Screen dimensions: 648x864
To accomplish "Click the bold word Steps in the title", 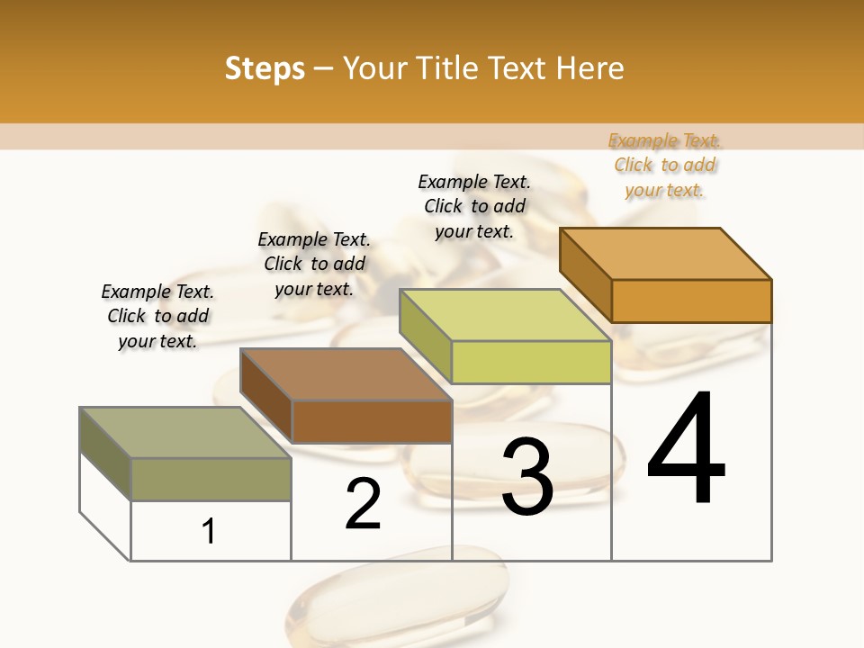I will (x=265, y=68).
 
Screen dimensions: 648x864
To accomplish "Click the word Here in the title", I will (x=591, y=68).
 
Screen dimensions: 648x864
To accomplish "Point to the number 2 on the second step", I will (x=364, y=504).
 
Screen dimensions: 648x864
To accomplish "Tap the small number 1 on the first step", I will (x=209, y=532).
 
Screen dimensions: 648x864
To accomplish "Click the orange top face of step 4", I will (x=666, y=254).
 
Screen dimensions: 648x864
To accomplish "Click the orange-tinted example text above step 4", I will (x=665, y=166).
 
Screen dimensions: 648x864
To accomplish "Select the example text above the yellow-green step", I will (x=474, y=206).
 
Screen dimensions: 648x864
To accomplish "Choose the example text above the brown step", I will (x=314, y=264).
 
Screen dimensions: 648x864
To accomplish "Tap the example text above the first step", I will (x=157, y=316).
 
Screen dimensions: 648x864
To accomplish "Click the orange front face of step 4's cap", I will (x=691, y=301).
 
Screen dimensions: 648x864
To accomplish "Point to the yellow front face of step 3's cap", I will (x=531, y=362).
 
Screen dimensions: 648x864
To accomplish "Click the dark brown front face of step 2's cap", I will (x=372, y=421).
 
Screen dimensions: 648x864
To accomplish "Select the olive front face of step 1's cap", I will (x=211, y=479).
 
